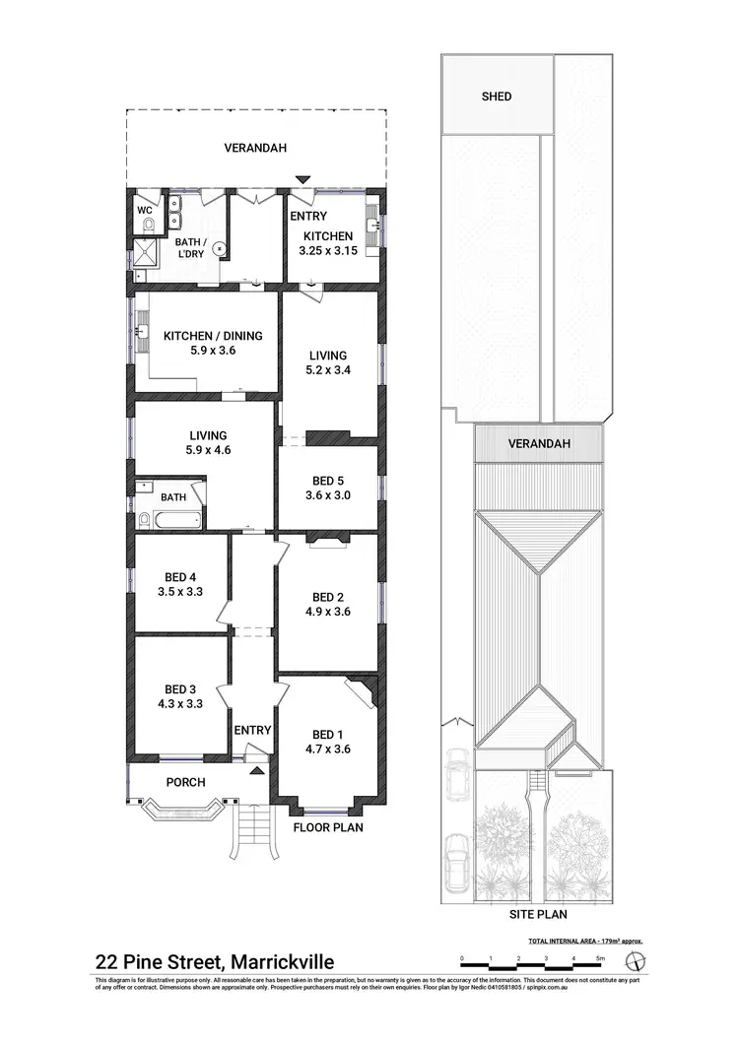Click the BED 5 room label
329,481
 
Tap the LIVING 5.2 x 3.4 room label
329,356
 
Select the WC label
144,210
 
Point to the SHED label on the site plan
497,97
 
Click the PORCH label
185,783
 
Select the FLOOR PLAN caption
328,828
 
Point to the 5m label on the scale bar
600,957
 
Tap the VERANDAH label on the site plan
539,444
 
